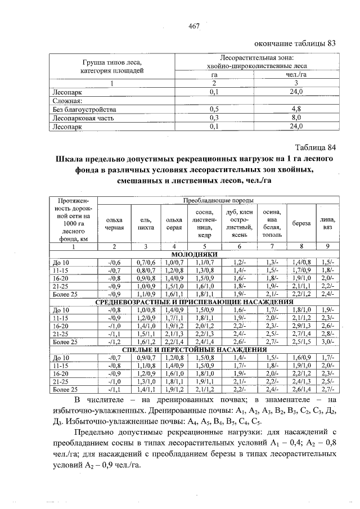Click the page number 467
click(195, 26)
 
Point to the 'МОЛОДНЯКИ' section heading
click(193, 254)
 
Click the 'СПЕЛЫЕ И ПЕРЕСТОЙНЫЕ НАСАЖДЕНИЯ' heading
click(194, 349)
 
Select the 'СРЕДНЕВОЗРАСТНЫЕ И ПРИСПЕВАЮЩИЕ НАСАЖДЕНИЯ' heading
click(194, 301)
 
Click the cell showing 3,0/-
click(327, 341)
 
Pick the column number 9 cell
click(327, 246)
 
